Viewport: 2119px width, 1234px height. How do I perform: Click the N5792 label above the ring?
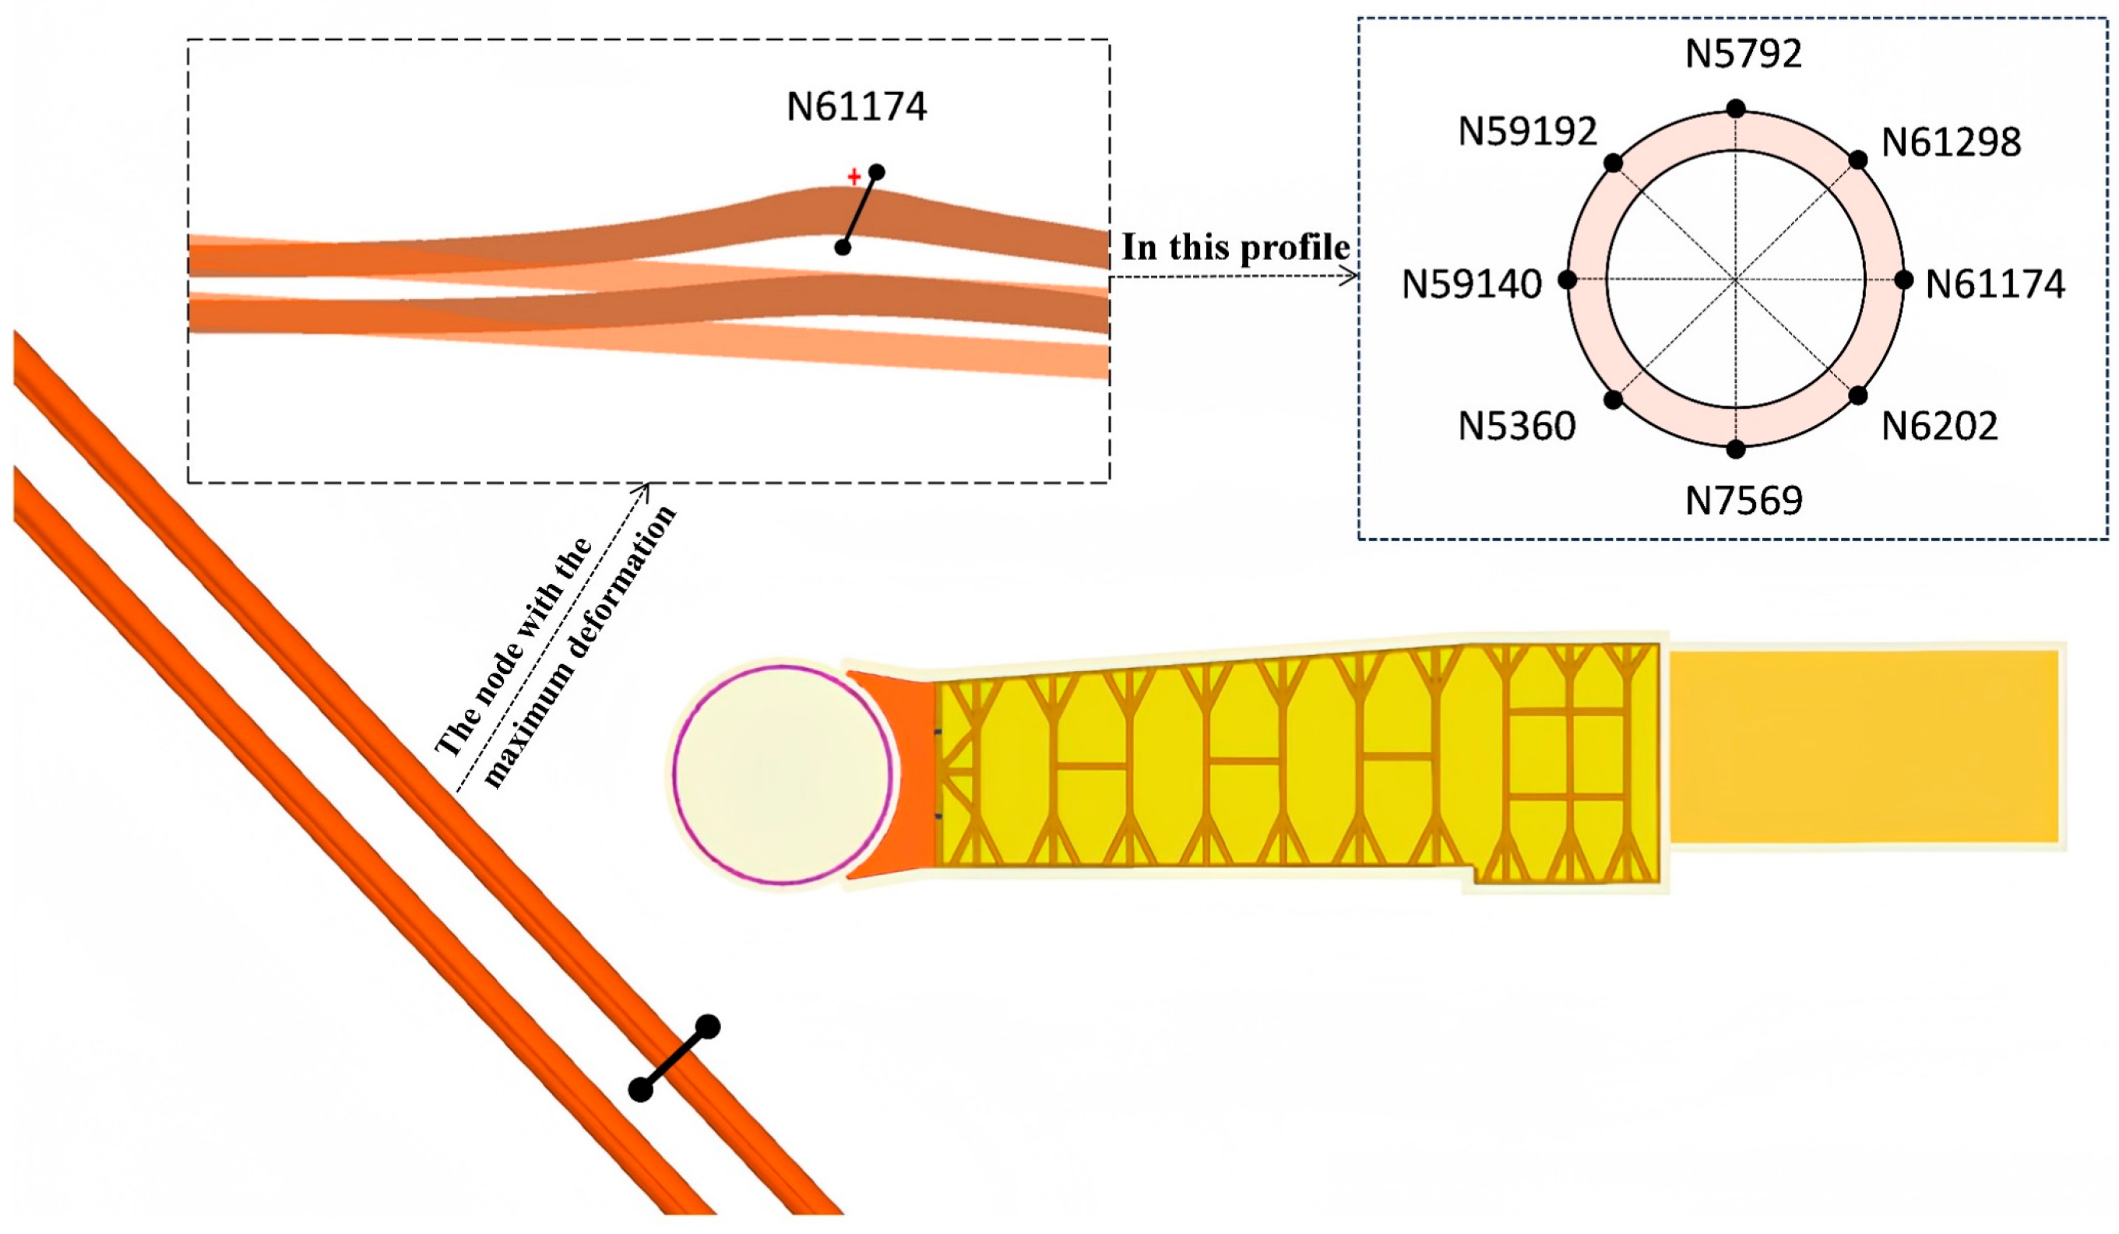1743,54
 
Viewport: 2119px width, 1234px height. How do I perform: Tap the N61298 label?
1950,143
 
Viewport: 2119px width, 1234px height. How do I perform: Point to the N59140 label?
1472,285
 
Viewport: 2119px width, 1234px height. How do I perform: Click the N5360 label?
1516,427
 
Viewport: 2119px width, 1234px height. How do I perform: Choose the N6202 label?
1939,427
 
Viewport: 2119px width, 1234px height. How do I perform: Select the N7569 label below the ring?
1743,502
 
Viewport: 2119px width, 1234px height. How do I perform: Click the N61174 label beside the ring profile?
1994,285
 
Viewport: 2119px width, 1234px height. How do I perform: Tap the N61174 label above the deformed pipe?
856,107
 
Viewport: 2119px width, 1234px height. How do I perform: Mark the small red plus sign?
854,178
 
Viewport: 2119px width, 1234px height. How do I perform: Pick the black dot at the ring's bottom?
1736,450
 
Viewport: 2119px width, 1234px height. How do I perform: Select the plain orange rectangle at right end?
1863,747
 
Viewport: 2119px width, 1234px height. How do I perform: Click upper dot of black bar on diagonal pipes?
708,1026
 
